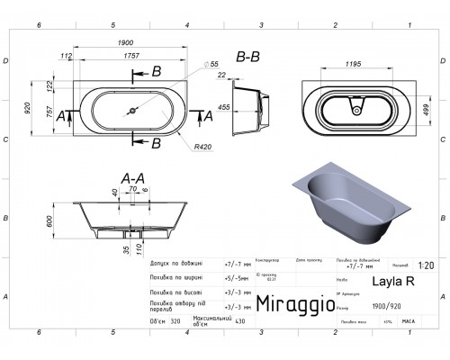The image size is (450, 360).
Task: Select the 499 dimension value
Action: point(422,110)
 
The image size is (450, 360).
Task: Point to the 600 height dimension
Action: point(49,220)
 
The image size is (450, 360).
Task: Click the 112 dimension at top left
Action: point(65,55)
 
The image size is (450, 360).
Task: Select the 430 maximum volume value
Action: point(239,321)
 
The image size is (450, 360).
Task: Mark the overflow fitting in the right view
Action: point(358,112)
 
